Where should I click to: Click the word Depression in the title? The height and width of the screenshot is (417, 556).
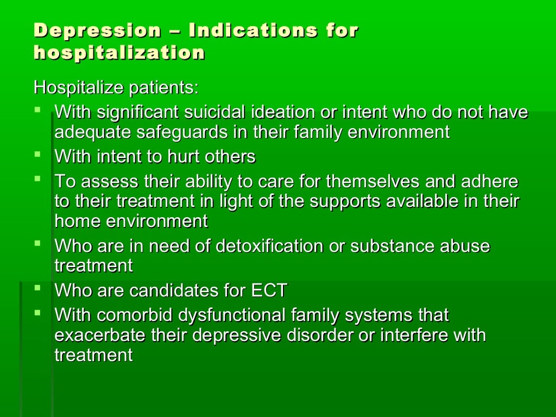pos(97,30)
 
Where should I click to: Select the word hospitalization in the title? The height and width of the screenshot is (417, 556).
pos(119,53)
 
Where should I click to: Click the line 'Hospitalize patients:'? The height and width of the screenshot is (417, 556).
pos(116,87)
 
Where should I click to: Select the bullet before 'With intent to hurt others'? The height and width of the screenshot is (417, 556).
pos(37,154)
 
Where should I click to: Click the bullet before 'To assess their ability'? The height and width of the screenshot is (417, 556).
pos(37,178)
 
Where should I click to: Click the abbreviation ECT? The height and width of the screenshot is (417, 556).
pos(269,290)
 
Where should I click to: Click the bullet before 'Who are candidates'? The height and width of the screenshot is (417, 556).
pos(37,288)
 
